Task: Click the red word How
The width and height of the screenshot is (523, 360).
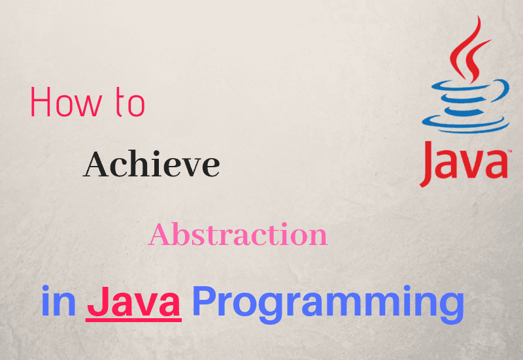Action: [67, 102]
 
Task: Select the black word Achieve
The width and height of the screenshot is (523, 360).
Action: [152, 164]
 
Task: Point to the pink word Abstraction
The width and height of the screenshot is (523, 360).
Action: [238, 235]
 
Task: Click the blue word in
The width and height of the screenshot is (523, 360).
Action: [58, 301]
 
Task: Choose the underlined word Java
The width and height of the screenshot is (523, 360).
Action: [133, 302]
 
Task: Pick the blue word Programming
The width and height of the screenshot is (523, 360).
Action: [328, 304]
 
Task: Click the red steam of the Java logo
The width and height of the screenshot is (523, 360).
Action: [468, 50]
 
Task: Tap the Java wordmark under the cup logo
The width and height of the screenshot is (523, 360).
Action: [464, 164]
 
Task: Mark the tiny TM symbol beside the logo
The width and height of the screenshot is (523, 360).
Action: [509, 152]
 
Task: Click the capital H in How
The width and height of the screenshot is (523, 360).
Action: [41, 102]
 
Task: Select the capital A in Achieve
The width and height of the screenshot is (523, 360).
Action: [95, 164]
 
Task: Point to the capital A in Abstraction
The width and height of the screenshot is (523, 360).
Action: [160, 235]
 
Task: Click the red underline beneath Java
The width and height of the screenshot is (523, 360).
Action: [133, 320]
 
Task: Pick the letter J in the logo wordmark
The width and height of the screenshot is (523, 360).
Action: [428, 164]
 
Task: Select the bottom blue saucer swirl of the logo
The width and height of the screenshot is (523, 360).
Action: [465, 124]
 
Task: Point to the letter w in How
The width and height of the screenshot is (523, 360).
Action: [90, 106]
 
